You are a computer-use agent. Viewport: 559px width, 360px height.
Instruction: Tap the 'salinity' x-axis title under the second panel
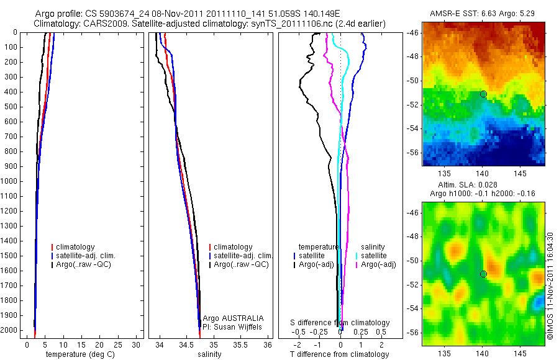[209, 354]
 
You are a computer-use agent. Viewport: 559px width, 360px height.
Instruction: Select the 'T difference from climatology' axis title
[339, 354]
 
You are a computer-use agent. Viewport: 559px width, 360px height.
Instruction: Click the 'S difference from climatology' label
[340, 323]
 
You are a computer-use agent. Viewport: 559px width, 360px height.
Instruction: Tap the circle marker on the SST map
[483, 94]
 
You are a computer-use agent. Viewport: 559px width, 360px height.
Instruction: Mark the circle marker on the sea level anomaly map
[483, 274]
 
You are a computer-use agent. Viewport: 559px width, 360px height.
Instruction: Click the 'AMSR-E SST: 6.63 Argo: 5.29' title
[483, 14]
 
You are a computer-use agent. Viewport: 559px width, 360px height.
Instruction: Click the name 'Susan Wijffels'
[239, 326]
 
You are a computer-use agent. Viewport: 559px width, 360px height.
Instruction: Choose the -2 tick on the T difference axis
[300, 344]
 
